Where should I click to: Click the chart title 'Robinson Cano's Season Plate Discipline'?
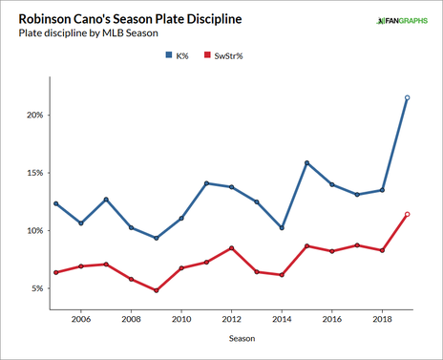[x=124, y=18]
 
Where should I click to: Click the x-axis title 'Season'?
[x=231, y=337]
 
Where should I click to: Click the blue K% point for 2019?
[x=408, y=97]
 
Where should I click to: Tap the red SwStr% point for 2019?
[x=408, y=214]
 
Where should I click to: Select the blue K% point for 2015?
[x=306, y=162]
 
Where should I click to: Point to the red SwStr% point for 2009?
[x=156, y=290]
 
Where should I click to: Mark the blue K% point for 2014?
[x=282, y=228]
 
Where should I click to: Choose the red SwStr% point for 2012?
[x=231, y=248]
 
